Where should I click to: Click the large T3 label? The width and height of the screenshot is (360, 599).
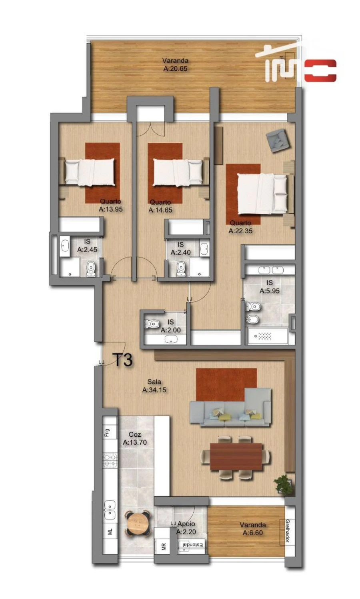pos(124,360)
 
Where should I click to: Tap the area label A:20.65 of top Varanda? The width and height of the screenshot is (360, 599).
pos(175,68)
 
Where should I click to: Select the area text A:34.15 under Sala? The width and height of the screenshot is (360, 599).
pos(154,389)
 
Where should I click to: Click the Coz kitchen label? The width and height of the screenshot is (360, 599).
pos(135,434)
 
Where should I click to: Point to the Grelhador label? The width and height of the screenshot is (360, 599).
pos(287,531)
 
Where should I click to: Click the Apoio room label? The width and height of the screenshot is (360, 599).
pos(186,524)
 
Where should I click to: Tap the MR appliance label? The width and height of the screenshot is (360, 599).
pos(163,547)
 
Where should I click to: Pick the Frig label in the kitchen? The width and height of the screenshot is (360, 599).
pos(107,433)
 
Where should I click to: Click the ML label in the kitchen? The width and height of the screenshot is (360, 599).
pos(110,532)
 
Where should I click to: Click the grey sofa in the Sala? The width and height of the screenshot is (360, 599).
pos(230,410)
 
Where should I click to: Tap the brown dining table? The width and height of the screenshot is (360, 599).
pos(236,456)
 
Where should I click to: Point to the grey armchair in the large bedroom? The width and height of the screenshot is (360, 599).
pos(278,140)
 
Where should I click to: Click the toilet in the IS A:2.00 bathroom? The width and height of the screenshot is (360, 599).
pos(152,323)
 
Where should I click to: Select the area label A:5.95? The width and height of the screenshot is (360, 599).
pos(270,291)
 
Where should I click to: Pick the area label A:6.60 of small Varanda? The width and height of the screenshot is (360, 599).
pos(253,532)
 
